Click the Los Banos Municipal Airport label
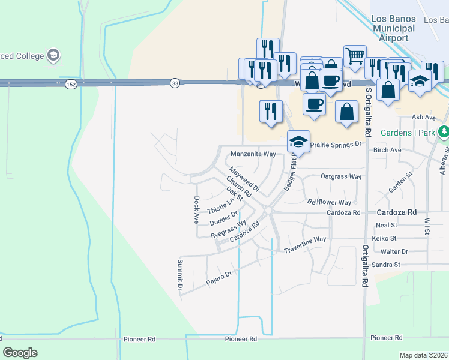tap(393, 28)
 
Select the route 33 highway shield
tap(175, 83)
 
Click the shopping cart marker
tap(355, 56)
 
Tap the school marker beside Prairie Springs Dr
tap(298, 142)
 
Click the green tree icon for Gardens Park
tap(443, 131)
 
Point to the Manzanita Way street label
tap(253, 154)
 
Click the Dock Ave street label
tap(196, 209)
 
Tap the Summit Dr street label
tap(179, 275)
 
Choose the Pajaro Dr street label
tap(218, 277)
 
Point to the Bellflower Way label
tap(329, 203)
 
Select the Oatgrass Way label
tap(340, 177)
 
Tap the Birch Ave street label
tap(387, 150)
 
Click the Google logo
tap(20, 352)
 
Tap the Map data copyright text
tap(424, 355)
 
